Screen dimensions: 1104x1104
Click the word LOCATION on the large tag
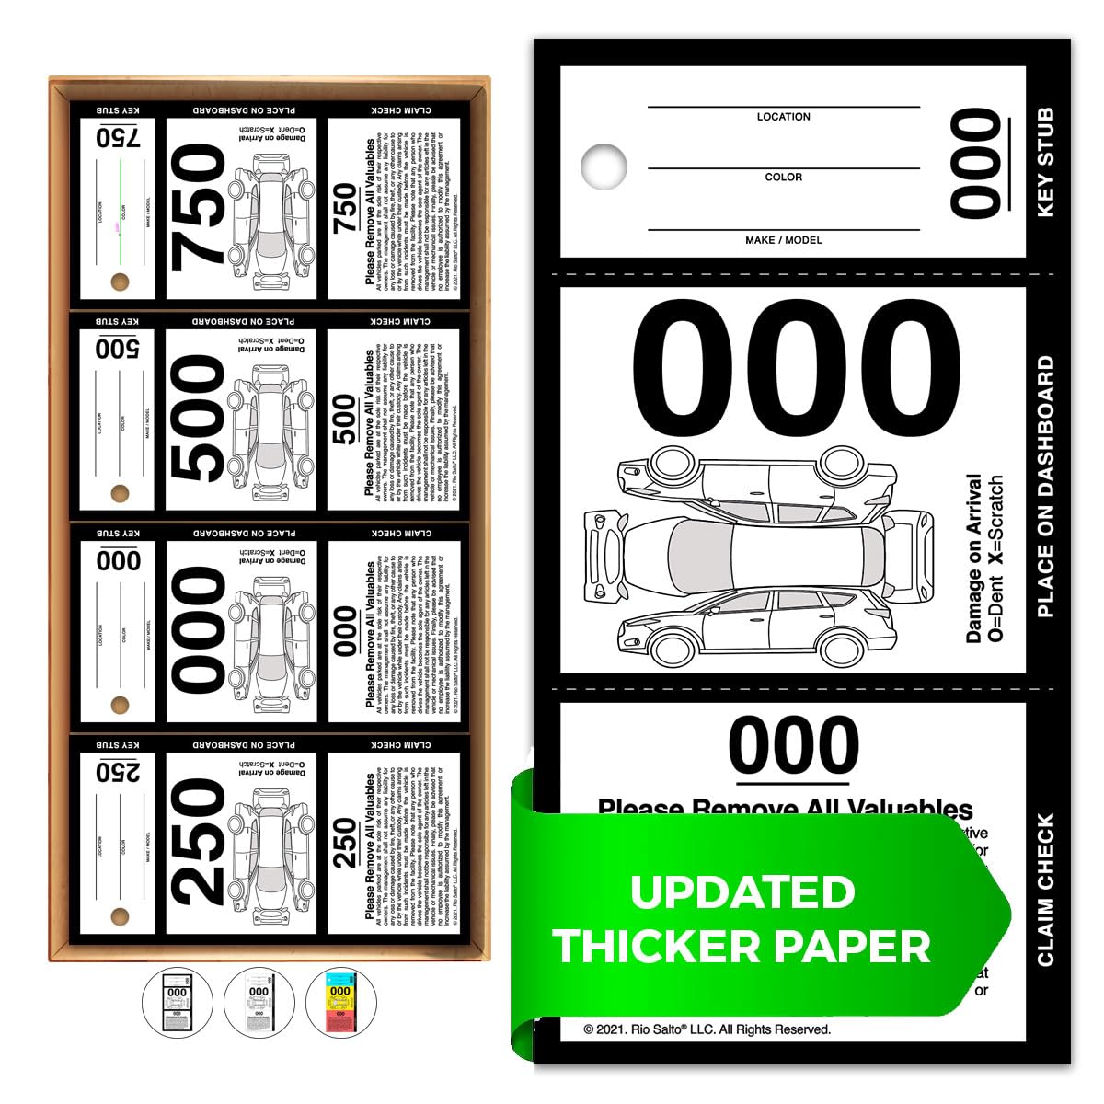[783, 117]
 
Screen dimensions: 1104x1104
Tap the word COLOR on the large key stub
[783, 177]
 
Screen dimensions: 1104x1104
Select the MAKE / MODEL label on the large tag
[783, 240]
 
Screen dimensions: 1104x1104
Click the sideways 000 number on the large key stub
[976, 164]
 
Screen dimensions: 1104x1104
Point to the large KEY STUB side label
[1046, 163]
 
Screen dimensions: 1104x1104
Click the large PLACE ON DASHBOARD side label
[1046, 487]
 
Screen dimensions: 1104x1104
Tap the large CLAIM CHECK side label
[1046, 889]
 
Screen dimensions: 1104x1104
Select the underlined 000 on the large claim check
[794, 744]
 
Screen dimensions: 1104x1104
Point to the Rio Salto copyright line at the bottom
[707, 1029]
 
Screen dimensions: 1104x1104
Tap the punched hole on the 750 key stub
[120, 281]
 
